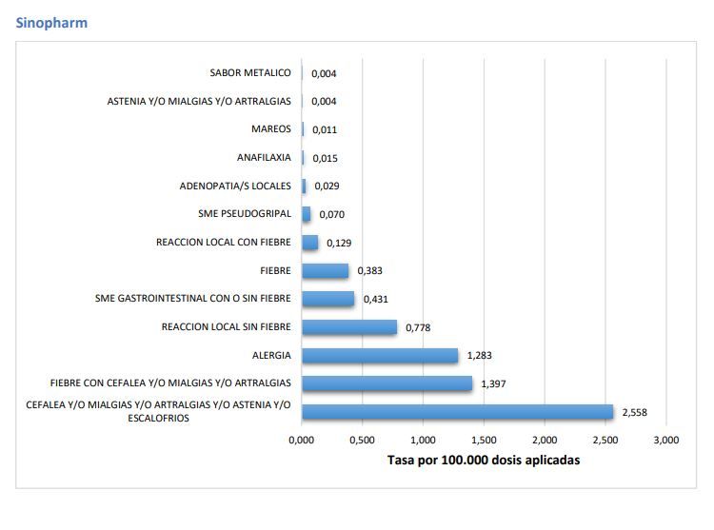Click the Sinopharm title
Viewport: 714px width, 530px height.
point(51,23)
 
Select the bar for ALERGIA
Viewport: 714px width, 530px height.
point(380,355)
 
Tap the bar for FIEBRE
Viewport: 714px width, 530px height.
point(326,270)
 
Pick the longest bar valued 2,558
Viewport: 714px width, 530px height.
point(458,412)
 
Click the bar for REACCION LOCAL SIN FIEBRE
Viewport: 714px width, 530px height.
point(349,327)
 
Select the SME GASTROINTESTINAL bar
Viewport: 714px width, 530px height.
point(327,299)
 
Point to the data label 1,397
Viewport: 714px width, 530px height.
point(493,384)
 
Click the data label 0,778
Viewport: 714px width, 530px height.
point(418,327)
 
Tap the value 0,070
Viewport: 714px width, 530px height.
point(332,214)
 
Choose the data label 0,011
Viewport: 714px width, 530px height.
point(325,129)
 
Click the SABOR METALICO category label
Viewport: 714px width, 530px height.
point(250,72)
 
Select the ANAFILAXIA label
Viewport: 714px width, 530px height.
point(264,157)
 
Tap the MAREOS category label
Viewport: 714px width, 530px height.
point(271,129)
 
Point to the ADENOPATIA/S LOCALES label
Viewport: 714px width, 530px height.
point(235,186)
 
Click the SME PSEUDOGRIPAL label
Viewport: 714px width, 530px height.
point(245,214)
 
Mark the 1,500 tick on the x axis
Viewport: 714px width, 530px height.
point(484,440)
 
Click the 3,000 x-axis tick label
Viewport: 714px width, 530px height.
point(666,440)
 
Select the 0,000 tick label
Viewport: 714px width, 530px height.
point(302,440)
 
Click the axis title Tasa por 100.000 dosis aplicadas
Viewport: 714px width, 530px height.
point(484,460)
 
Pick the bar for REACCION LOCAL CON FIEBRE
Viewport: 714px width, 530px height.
point(310,243)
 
